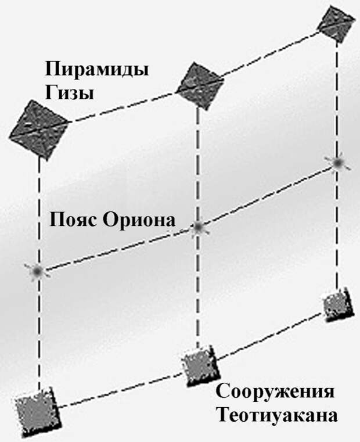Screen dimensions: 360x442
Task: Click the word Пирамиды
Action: (x=97, y=69)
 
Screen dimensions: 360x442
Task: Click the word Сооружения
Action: (x=275, y=391)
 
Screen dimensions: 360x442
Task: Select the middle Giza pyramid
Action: (x=200, y=85)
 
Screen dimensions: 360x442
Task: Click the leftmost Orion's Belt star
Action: (x=37, y=271)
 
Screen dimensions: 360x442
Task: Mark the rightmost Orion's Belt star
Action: (x=337, y=163)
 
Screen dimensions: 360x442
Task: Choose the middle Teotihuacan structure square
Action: (x=200, y=365)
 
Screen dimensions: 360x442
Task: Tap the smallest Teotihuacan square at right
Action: (x=338, y=305)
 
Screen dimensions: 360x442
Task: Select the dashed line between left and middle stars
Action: (x=118, y=249)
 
